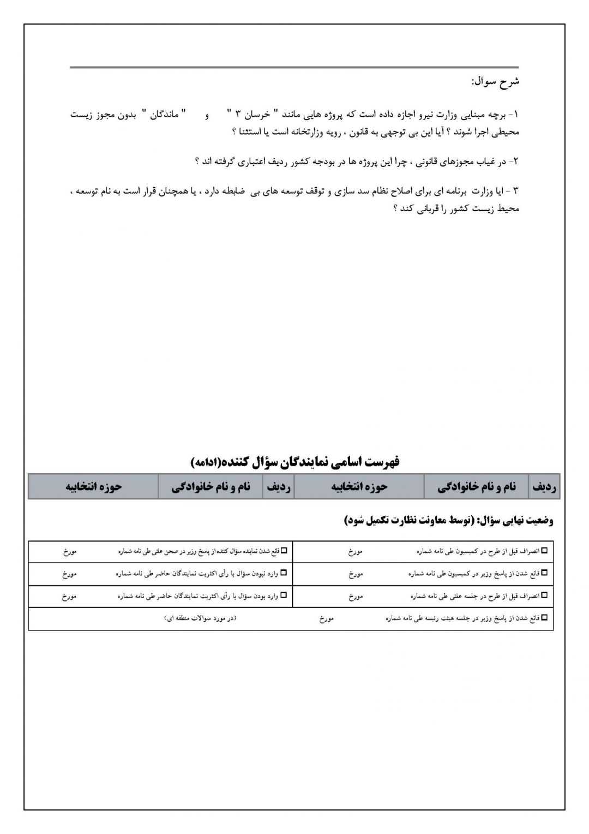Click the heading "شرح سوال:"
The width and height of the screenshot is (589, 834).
tap(495, 82)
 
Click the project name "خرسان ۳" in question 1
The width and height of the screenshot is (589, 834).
tap(249, 115)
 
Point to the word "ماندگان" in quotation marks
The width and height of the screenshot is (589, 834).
tap(165, 115)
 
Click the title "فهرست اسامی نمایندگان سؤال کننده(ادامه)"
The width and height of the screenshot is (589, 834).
tap(295, 462)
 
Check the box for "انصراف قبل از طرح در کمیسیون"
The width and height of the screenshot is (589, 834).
tap(544, 551)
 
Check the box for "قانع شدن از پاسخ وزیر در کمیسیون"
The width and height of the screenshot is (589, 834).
tap(544, 574)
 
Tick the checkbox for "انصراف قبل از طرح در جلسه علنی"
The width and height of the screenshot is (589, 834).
tap(544, 596)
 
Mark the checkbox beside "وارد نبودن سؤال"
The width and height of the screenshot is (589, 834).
tap(283, 574)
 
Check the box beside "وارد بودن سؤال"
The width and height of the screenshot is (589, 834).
tap(283, 596)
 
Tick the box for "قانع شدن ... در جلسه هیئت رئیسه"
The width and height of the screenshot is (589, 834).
tap(544, 618)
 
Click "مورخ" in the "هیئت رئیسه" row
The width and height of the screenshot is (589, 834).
tap(327, 619)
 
